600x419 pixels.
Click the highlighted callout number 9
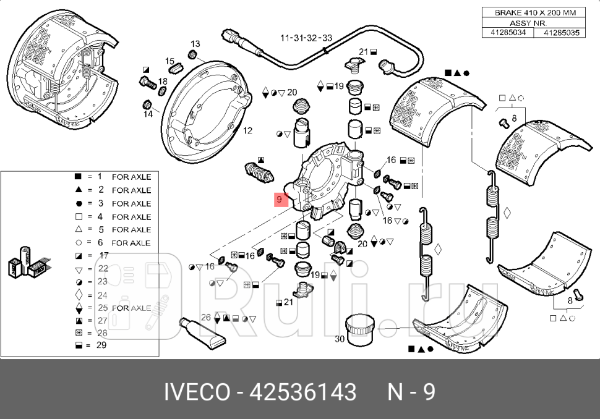pyautogui.click(x=280, y=199)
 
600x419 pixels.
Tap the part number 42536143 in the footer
pyautogui.click(x=302, y=392)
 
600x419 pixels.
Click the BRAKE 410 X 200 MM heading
pyautogui.click(x=532, y=12)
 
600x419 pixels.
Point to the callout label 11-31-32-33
pyautogui.click(x=306, y=38)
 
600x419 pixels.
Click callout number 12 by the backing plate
pyautogui.click(x=247, y=131)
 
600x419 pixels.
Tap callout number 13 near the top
pyautogui.click(x=195, y=44)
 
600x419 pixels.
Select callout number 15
pyautogui.click(x=169, y=61)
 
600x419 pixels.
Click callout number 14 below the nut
pyautogui.click(x=148, y=114)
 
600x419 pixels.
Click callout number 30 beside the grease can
pyautogui.click(x=340, y=339)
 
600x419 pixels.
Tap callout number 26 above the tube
pyautogui.click(x=207, y=318)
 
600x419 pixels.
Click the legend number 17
pyautogui.click(x=104, y=256)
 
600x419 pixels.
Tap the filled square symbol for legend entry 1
pyautogui.click(x=79, y=177)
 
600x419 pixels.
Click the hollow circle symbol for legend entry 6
pyautogui.click(x=79, y=243)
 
